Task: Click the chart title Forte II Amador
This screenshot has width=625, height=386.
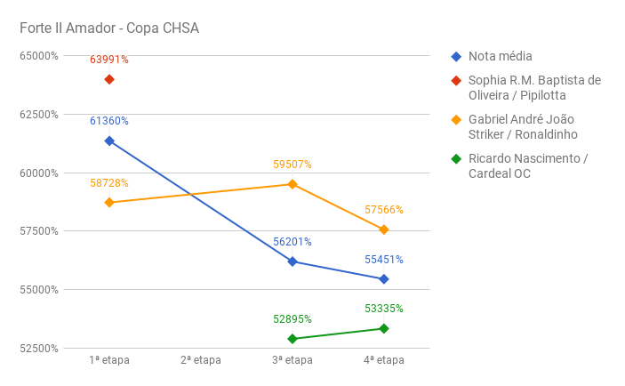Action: (109, 28)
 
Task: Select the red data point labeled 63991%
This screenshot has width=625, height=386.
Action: (109, 79)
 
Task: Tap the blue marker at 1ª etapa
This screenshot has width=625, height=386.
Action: (109, 141)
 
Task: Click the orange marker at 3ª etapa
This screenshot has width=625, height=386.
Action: (292, 184)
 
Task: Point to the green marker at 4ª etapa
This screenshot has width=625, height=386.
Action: (384, 328)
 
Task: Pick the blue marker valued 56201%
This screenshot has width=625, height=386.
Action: (292, 261)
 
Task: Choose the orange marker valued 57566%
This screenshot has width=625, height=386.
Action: (384, 229)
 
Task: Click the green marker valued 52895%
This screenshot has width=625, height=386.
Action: (292, 339)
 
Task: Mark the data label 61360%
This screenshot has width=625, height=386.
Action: (109, 122)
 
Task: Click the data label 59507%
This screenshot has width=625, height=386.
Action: (292, 165)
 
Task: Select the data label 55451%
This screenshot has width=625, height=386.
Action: (384, 260)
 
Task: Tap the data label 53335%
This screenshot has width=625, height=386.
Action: (384, 309)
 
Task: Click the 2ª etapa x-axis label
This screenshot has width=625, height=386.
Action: (201, 360)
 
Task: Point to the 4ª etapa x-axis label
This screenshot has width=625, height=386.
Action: (384, 360)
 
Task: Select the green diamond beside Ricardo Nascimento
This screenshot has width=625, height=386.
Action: (456, 159)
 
